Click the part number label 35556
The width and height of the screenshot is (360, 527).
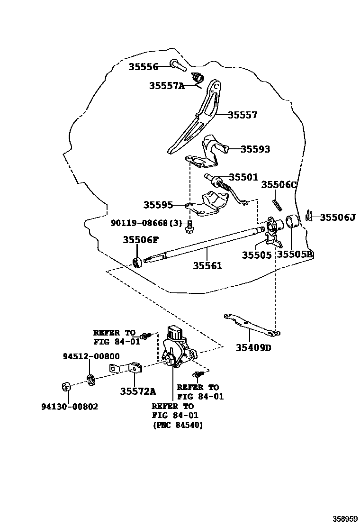tap(143, 67)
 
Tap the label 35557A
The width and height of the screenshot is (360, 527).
tap(166, 86)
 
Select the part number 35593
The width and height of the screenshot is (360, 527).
tap(255, 149)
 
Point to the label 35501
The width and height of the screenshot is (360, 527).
tap(243, 177)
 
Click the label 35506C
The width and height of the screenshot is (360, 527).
tap(279, 185)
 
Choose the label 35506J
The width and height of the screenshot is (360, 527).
tap(337, 218)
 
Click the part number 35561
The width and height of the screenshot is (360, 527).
tap(207, 266)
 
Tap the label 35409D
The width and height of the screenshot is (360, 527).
tap(253, 348)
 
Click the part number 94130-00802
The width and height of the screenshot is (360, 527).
tap(70, 407)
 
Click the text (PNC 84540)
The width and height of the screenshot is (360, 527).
tap(178, 425)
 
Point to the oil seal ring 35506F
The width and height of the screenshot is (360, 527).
tap(138, 262)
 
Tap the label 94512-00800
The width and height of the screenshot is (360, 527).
tap(91, 356)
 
